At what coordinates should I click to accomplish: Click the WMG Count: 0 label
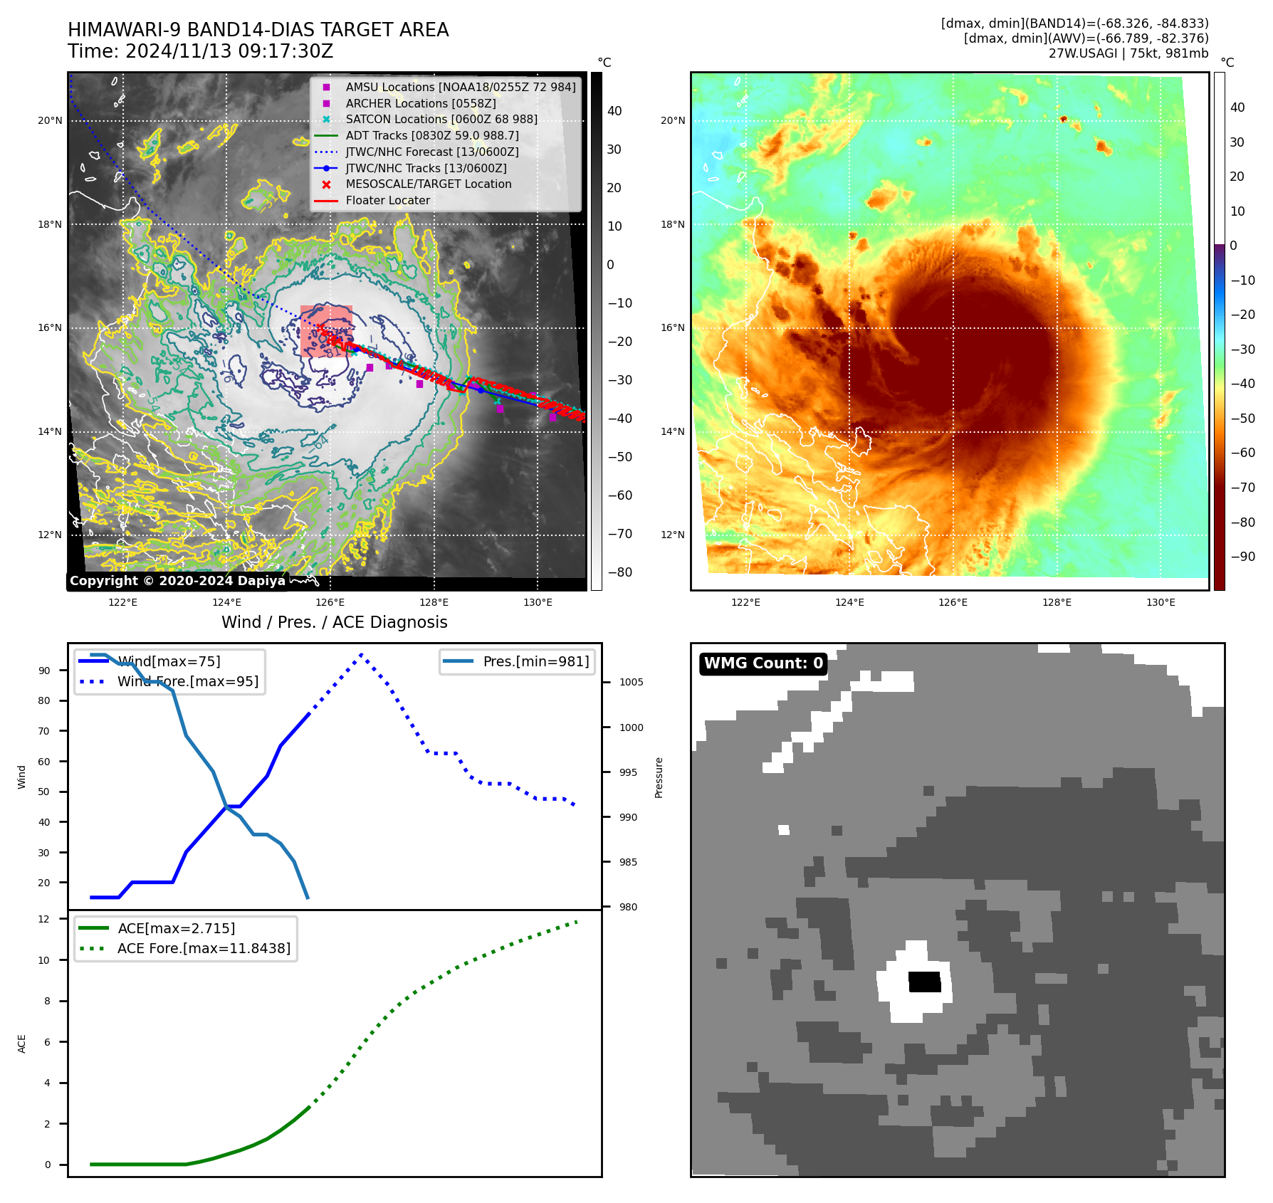pyautogui.click(x=763, y=663)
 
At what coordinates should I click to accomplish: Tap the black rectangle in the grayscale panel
pyautogui.click(x=925, y=982)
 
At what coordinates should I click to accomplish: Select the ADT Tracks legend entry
pyautogui.click(x=431, y=135)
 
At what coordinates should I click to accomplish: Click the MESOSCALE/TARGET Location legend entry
pyautogui.click(x=428, y=184)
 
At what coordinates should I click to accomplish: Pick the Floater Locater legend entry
pyautogui.click(x=387, y=200)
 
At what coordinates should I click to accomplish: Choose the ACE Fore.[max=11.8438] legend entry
pyautogui.click(x=204, y=948)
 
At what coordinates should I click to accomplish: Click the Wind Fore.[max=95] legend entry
pyautogui.click(x=188, y=681)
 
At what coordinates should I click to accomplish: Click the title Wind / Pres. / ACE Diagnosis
pyautogui.click(x=334, y=622)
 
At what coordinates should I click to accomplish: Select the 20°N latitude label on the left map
pyautogui.click(x=50, y=120)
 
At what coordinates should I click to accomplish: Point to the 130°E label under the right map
pyautogui.click(x=1161, y=602)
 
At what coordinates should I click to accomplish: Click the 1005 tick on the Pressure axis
pyautogui.click(x=631, y=682)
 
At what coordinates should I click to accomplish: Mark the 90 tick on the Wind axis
pyautogui.click(x=44, y=671)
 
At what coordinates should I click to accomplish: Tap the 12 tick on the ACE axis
pyautogui.click(x=44, y=919)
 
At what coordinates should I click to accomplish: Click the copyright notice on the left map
pyautogui.click(x=177, y=581)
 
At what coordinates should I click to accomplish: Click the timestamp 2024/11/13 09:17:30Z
pyautogui.click(x=229, y=51)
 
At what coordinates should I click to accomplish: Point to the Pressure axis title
pyautogui.click(x=659, y=777)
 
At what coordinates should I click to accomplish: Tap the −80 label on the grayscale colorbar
pyautogui.click(x=619, y=572)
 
